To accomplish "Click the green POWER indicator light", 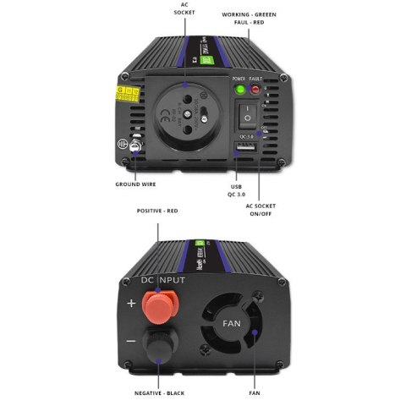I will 239,89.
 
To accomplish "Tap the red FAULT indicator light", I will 255,89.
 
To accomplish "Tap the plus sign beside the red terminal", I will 130,303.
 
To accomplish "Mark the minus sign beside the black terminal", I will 130,341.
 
